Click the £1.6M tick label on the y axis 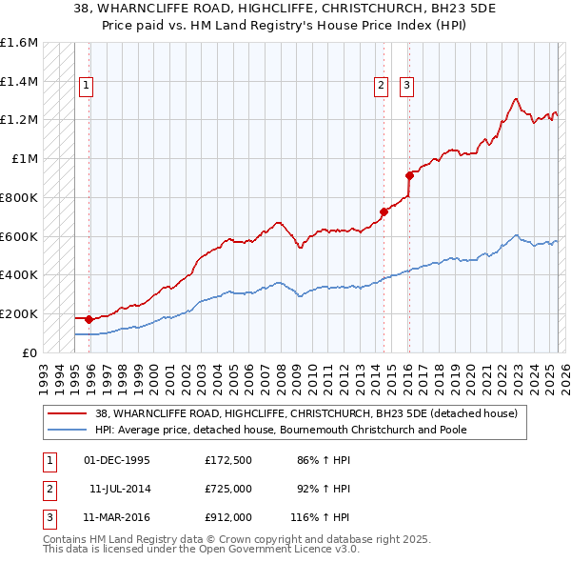click(x=19, y=43)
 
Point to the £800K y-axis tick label click(x=19, y=197)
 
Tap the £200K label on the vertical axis click(x=19, y=313)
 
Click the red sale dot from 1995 click(x=89, y=319)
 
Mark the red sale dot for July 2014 click(x=384, y=211)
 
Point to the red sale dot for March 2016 click(x=410, y=175)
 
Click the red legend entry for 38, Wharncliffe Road click(x=305, y=413)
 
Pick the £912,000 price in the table click(x=228, y=517)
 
